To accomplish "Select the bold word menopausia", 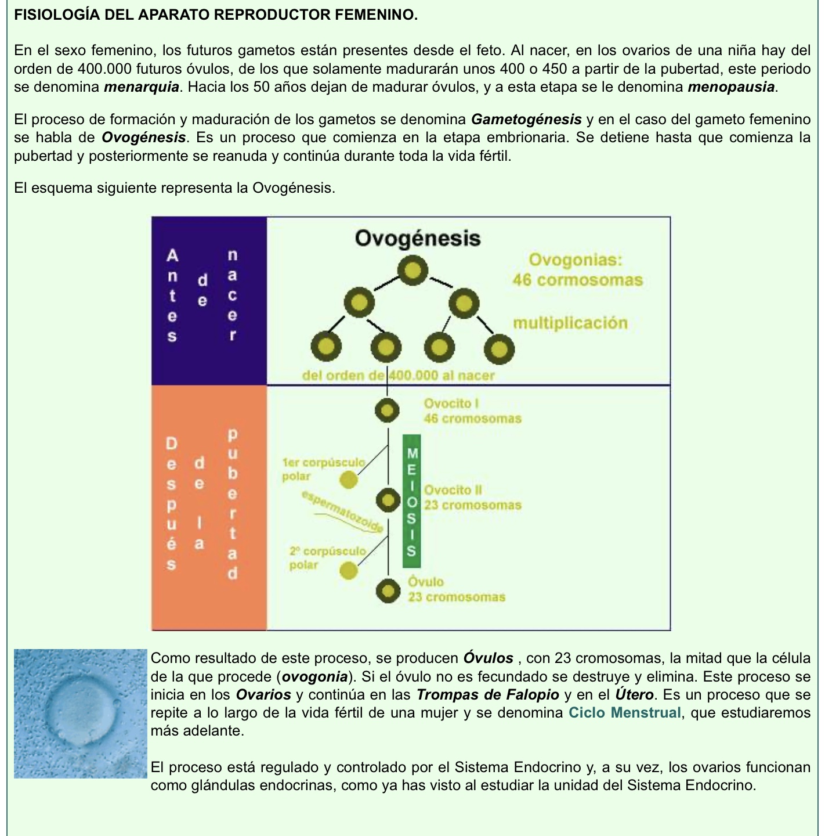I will pos(731,88).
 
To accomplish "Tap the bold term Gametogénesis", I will pos(526,120).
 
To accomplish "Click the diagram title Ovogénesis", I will pos(417,238).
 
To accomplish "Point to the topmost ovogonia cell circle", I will pos(412,271).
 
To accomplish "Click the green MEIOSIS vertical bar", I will pos(411,500).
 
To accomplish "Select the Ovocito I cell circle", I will pos(387,410).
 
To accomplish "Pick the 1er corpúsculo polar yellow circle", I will pos(349,480).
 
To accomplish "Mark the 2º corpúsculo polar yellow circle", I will pos(348,571).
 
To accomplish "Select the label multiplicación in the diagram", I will pos(570,323).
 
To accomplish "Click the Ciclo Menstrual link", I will pos(624,712).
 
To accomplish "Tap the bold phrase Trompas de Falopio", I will pos(487,694).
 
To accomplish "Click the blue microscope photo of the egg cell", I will pos(80,713).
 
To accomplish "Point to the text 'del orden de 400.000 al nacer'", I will pos(398,375).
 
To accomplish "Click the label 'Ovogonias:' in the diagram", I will pos(576,260).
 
